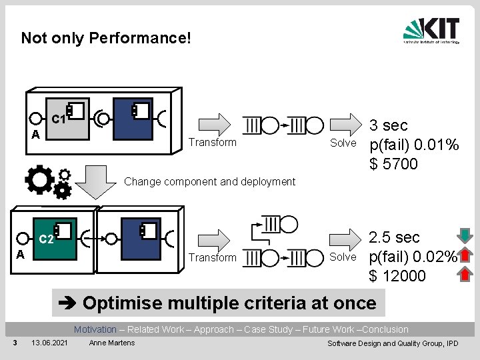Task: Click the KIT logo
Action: tap(431, 31)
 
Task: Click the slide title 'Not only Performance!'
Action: tap(106, 37)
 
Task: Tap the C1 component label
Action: tap(58, 120)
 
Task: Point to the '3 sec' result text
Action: tap(389, 125)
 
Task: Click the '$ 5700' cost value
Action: tap(393, 164)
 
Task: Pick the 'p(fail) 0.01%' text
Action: tap(414, 145)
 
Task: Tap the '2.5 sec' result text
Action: tap(395, 237)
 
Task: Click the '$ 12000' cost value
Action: tap(397, 276)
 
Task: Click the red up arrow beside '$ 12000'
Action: tap(467, 274)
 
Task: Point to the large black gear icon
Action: tap(39, 179)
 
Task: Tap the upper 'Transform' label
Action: tap(212, 142)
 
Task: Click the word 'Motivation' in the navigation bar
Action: tap(95, 329)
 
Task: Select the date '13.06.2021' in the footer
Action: tap(49, 343)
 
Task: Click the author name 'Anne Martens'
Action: tap(111, 343)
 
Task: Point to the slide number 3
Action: tap(15, 343)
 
